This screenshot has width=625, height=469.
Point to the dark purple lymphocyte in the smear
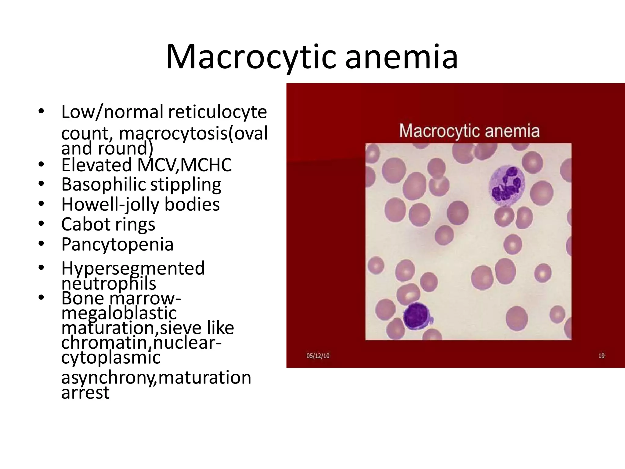click(x=416, y=316)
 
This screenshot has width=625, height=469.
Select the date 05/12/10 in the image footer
click(x=318, y=356)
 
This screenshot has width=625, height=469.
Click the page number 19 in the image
click(x=601, y=356)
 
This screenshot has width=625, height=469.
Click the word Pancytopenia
click(x=117, y=244)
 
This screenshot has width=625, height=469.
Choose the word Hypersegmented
click(x=133, y=269)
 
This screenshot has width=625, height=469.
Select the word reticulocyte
click(x=217, y=112)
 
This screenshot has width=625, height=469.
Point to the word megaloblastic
click(x=119, y=313)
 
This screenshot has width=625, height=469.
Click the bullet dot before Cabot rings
click(x=42, y=224)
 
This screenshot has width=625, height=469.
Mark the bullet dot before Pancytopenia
click(x=42, y=244)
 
